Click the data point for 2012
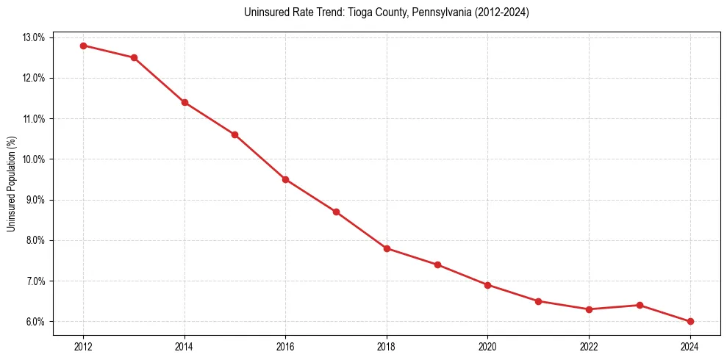pos(83,46)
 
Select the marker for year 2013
pos(134,57)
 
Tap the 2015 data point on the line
pos(234,134)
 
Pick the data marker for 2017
pos(336,212)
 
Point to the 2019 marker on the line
pos(437,264)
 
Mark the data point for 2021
pos(538,301)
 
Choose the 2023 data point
pos(640,305)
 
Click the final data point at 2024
pos(690,321)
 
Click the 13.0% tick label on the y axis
pos(35,37)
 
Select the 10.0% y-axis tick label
pos(35,159)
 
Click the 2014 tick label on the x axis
pos(185,347)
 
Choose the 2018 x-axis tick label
pos(387,347)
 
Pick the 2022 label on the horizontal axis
pos(589,347)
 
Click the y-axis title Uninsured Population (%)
pos(11,184)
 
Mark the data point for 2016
pos(285,179)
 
